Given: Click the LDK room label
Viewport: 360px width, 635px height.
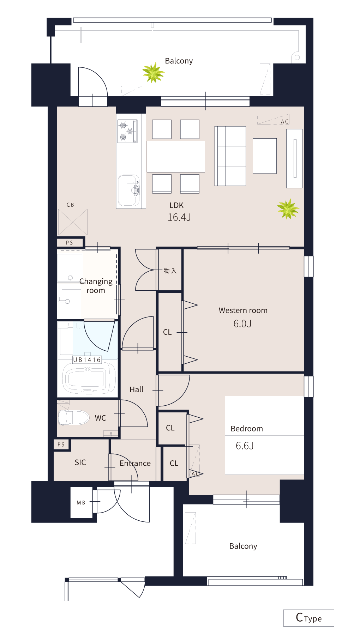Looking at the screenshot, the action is pyautogui.click(x=176, y=205).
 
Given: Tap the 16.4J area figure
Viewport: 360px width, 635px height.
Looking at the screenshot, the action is pyautogui.click(x=179, y=217).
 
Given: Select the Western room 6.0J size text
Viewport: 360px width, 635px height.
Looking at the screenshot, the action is pyautogui.click(x=242, y=323).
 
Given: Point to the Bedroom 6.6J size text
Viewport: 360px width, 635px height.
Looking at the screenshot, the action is pyautogui.click(x=245, y=446).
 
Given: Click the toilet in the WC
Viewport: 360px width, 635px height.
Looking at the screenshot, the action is pyautogui.click(x=73, y=418).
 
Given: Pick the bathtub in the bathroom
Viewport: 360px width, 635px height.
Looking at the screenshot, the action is pyautogui.click(x=89, y=380).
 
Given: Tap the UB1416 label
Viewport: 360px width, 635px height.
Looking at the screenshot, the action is pyautogui.click(x=87, y=360).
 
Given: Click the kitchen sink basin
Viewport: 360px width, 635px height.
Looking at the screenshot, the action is pyautogui.click(x=129, y=190).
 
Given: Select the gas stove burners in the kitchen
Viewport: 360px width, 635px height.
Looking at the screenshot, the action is pyautogui.click(x=127, y=131).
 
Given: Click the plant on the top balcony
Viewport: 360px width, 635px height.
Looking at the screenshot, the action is pyautogui.click(x=153, y=73).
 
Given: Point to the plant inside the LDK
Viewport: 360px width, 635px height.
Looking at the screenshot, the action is pyautogui.click(x=288, y=208).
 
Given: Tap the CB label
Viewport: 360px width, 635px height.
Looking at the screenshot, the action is pyautogui.click(x=70, y=205).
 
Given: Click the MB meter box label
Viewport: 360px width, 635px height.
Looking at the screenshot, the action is pyautogui.click(x=81, y=503).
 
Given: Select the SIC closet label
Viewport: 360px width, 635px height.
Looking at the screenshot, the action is pyautogui.click(x=80, y=462).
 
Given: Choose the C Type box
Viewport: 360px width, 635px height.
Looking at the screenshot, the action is pyautogui.click(x=308, y=618).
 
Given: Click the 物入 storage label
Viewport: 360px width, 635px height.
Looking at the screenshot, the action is pyautogui.click(x=170, y=271).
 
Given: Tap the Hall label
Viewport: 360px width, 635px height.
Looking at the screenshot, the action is pyautogui.click(x=136, y=389).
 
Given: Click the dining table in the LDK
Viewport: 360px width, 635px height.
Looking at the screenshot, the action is pyautogui.click(x=176, y=156).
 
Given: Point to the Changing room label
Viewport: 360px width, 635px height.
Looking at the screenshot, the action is pyautogui.click(x=96, y=286).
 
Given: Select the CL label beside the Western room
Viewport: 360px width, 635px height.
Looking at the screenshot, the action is pyautogui.click(x=167, y=332).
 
